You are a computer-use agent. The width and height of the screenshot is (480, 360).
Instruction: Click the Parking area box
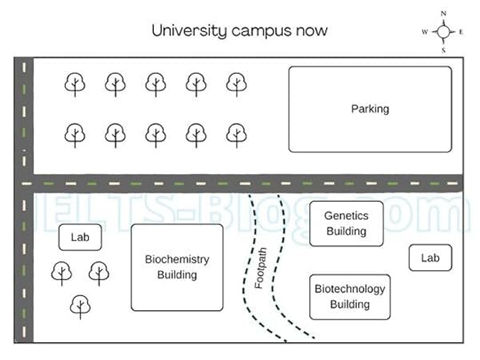click(369, 109)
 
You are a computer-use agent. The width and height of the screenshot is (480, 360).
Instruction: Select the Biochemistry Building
click(177, 267)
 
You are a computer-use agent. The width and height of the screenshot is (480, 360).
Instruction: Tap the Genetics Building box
click(346, 223)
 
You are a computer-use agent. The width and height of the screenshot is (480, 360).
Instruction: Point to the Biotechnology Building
click(349, 296)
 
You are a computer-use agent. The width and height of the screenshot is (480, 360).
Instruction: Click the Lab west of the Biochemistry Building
click(80, 238)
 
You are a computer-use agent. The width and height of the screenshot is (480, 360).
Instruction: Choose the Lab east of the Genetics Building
click(430, 258)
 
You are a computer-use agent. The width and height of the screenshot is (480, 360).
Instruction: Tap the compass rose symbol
click(444, 31)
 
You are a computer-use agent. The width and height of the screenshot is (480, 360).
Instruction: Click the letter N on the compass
click(444, 13)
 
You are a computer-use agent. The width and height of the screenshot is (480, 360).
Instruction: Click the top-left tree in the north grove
click(75, 84)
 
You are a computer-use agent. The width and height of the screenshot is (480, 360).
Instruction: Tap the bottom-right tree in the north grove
click(236, 134)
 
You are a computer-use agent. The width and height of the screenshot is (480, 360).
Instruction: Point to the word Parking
click(369, 109)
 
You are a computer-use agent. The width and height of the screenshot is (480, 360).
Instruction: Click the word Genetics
click(346, 216)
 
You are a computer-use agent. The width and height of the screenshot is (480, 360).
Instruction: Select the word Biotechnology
click(349, 289)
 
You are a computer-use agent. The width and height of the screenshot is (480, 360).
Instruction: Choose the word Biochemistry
click(177, 260)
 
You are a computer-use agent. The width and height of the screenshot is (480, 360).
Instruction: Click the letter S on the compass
click(444, 51)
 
